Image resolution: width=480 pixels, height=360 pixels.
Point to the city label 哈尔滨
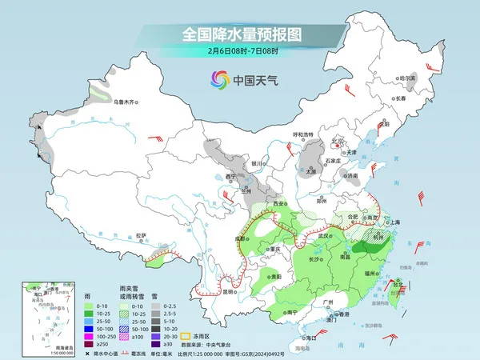pyautogui.click(x=408, y=78)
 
